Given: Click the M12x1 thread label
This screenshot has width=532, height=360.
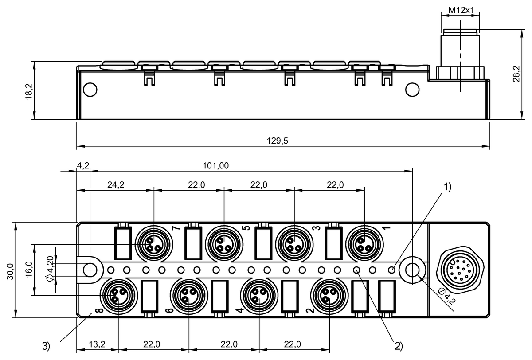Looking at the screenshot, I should tap(461, 9).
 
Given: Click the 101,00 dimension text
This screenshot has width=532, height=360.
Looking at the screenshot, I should tap(216, 166).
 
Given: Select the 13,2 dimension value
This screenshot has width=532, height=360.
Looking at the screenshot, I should tap(97, 344).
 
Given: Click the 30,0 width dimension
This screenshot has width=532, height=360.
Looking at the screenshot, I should tap(10, 270).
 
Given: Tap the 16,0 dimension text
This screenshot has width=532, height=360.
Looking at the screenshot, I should tap(29, 269).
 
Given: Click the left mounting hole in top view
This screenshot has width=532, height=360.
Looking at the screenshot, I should tap(90, 269).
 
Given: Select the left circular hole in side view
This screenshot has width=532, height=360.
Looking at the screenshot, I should tap(90, 90).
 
